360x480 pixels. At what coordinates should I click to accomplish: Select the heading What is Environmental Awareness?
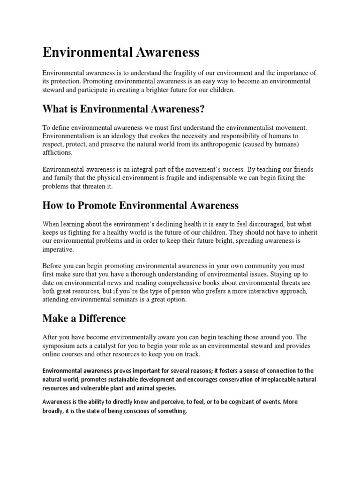[x=124, y=109]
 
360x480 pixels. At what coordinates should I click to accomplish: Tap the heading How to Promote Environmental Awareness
[x=141, y=205]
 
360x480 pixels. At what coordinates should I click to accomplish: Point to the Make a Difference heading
[x=84, y=319]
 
